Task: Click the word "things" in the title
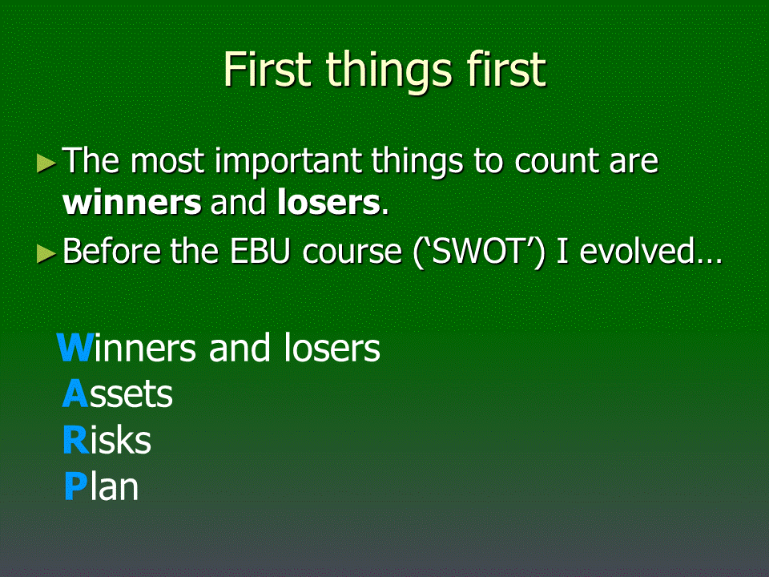click(389, 71)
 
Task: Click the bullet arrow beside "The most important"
click(46, 163)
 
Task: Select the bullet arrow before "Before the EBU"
click(46, 254)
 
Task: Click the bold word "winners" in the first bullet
click(132, 203)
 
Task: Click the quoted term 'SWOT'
click(478, 252)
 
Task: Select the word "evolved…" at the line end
click(650, 251)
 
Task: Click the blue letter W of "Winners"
click(74, 348)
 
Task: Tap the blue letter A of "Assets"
click(75, 393)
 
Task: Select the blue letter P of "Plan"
click(76, 486)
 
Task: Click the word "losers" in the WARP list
click(332, 347)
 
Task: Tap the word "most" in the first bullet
click(167, 163)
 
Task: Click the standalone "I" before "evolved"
click(562, 251)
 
